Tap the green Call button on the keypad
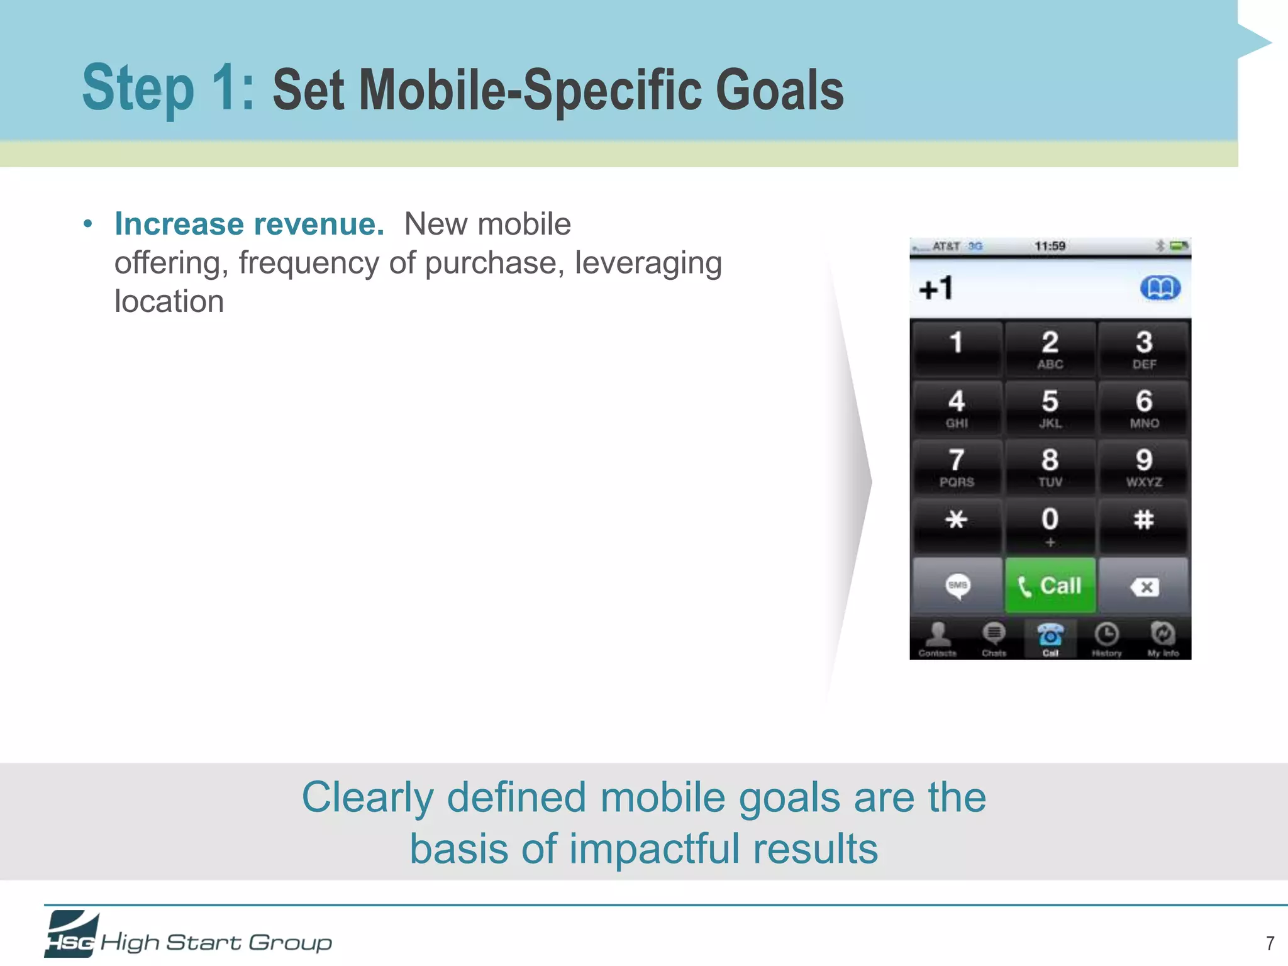[x=1050, y=586]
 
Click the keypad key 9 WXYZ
[x=1143, y=467]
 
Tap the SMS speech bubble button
[x=957, y=586]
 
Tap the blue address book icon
[x=1160, y=288]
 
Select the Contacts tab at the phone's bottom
[x=938, y=639]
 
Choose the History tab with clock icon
[x=1106, y=639]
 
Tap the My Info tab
[x=1163, y=639]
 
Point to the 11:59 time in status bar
[x=1050, y=246]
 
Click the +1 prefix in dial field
[x=936, y=289]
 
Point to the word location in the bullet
[x=169, y=301]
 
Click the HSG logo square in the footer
[x=70, y=934]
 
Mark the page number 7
[x=1270, y=943]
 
